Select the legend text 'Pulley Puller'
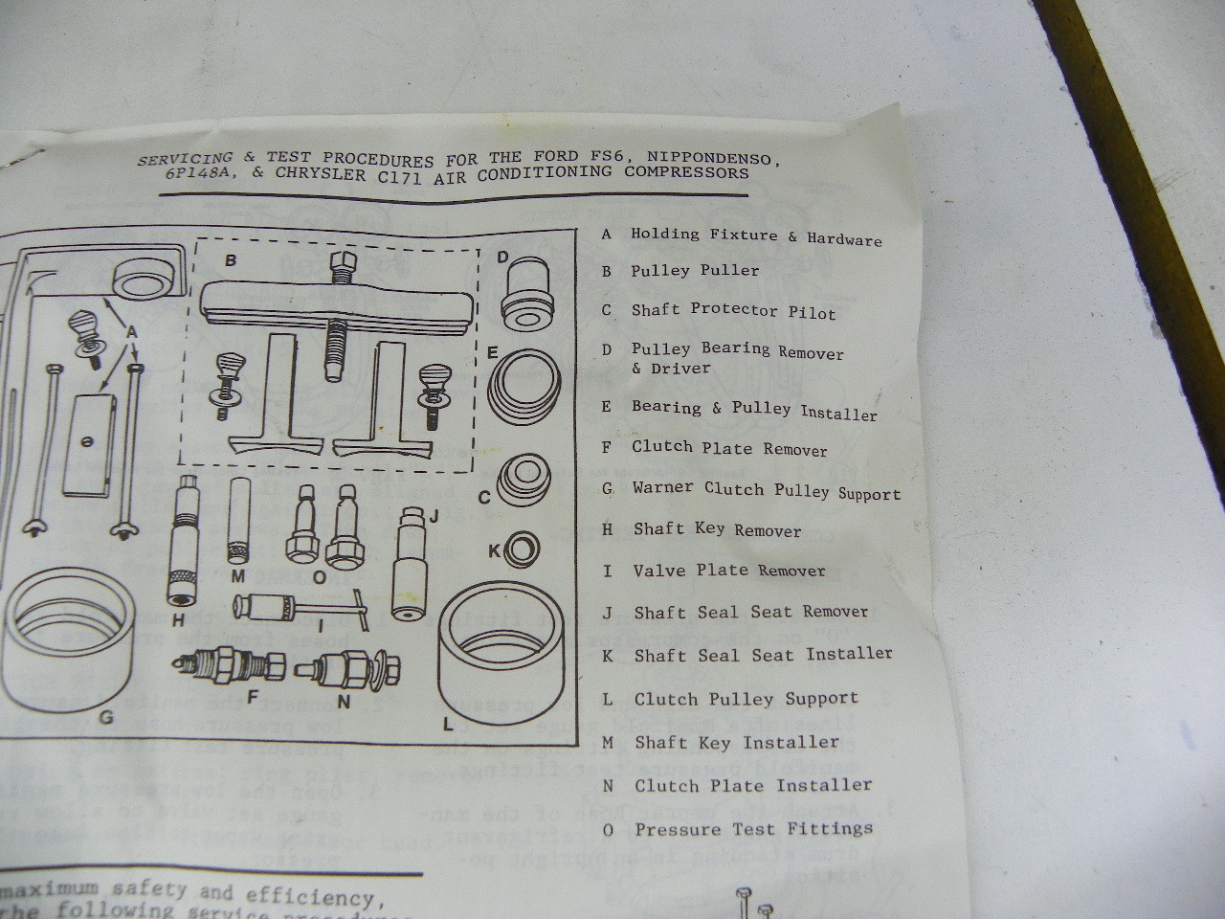click(x=695, y=271)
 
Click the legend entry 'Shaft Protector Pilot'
click(x=733, y=311)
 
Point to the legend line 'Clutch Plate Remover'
click(x=729, y=448)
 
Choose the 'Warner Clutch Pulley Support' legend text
click(x=767, y=490)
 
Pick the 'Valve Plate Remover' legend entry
click(x=728, y=571)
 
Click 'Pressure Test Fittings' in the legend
click(x=754, y=829)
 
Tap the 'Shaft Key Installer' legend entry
click(x=736, y=742)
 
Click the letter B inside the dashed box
click(x=230, y=259)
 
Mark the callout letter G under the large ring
click(x=106, y=715)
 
